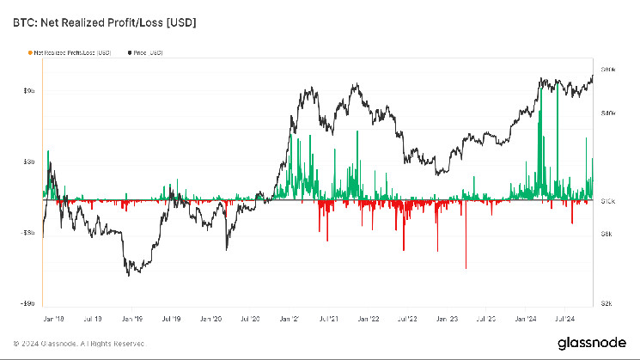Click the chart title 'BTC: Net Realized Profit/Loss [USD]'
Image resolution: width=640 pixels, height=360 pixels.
(x=104, y=23)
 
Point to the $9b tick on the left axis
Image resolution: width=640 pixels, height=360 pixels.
(x=27, y=90)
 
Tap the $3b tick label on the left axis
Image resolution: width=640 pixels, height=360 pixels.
(x=27, y=161)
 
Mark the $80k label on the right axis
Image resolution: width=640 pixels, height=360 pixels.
(x=608, y=69)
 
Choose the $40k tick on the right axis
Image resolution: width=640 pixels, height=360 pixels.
(x=608, y=113)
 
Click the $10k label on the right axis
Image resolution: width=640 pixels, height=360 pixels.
(x=607, y=201)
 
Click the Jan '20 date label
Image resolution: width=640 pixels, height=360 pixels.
(x=210, y=317)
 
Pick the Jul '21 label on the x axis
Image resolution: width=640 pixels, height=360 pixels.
(x=328, y=317)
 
